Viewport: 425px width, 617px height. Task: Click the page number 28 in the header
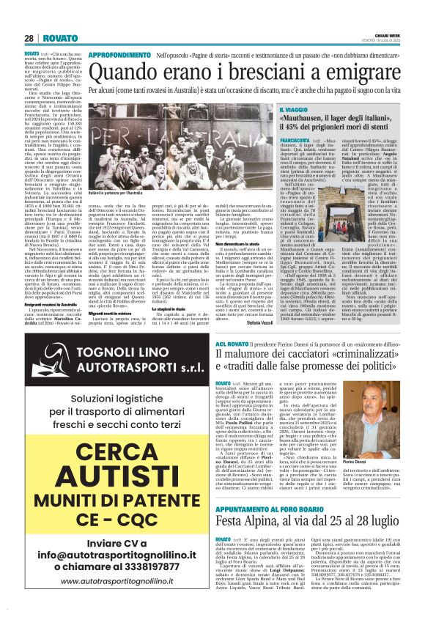coord(29,38)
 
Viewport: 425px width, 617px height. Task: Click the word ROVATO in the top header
coord(54,38)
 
